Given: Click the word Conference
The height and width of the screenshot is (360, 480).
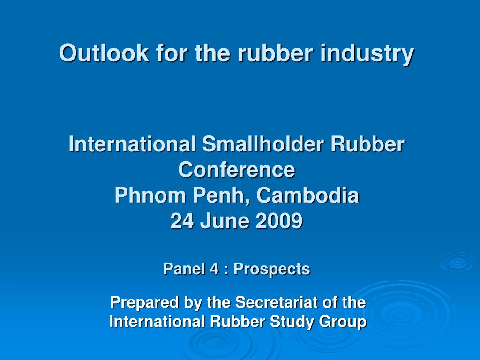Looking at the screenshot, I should [x=237, y=169].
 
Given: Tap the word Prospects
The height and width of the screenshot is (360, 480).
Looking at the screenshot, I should [x=272, y=269].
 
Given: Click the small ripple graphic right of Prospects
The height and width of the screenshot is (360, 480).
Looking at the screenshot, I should [x=457, y=262].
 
